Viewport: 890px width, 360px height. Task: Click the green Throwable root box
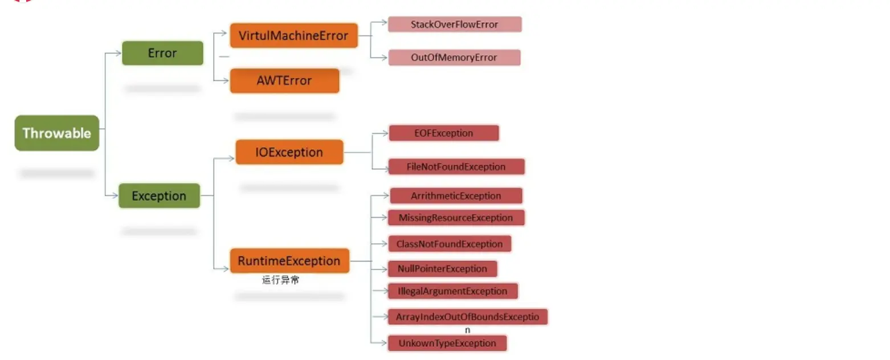pyautogui.click(x=56, y=133)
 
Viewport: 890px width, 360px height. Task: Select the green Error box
pyautogui.click(x=162, y=53)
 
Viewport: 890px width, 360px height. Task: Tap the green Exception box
pyautogui.click(x=159, y=196)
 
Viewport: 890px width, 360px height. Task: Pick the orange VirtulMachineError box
pyautogui.click(x=293, y=35)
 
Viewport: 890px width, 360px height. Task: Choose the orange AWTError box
pyautogui.click(x=284, y=80)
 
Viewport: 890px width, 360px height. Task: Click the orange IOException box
pyautogui.click(x=289, y=152)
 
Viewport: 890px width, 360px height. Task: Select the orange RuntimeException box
pyautogui.click(x=289, y=261)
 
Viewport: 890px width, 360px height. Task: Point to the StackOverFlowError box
pyautogui.click(x=454, y=24)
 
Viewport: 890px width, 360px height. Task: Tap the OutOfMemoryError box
pyautogui.click(x=454, y=58)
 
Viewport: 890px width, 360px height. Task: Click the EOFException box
pyautogui.click(x=443, y=133)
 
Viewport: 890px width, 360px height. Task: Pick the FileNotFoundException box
pyautogui.click(x=456, y=167)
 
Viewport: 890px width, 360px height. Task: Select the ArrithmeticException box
pyautogui.click(x=456, y=196)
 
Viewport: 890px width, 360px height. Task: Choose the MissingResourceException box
pyautogui.click(x=456, y=218)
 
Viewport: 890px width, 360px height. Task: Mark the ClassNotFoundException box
pyautogui.click(x=450, y=244)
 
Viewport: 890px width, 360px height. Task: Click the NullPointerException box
pyautogui.click(x=442, y=269)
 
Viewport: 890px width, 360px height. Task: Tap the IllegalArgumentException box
pyautogui.click(x=453, y=291)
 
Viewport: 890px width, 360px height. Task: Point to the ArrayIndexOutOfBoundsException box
pyautogui.click(x=467, y=317)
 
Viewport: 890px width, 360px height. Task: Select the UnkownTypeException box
pyautogui.click(x=447, y=343)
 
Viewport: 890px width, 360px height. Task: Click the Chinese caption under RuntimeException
pyautogui.click(x=280, y=280)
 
